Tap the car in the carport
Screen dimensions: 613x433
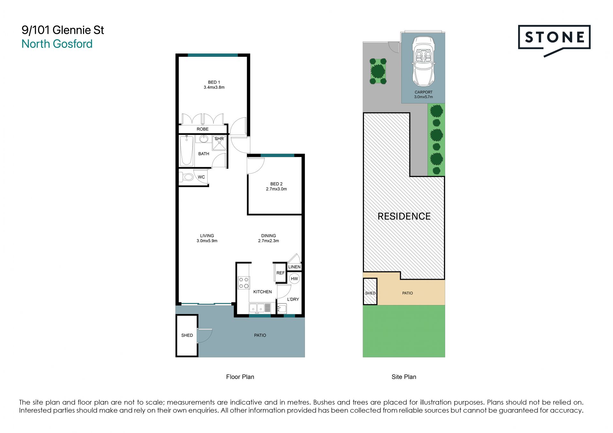[423, 62]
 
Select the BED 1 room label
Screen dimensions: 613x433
[214, 82]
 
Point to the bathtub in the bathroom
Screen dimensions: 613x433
[186, 151]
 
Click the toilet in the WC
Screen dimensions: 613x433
[186, 177]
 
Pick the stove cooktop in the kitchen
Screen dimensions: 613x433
[244, 283]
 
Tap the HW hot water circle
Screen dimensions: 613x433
[294, 279]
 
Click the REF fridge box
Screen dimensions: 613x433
[280, 273]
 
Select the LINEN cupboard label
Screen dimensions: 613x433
[294, 267]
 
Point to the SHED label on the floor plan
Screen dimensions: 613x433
[187, 335]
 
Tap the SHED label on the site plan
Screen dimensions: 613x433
[370, 293]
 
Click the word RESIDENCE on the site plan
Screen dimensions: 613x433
[404, 216]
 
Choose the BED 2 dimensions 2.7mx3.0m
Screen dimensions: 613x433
[276, 189]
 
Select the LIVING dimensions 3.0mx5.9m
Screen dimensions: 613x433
[207, 241]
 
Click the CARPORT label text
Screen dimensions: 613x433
[424, 92]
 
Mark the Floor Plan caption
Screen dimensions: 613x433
[240, 377]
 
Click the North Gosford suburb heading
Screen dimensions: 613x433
[57, 44]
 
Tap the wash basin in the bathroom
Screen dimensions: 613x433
[204, 139]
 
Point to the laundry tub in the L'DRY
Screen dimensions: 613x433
[282, 309]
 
